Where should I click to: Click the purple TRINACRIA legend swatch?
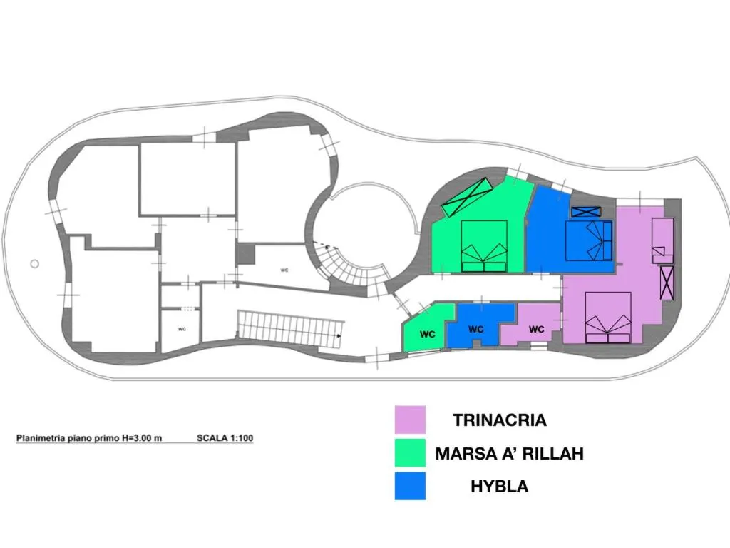click(410, 420)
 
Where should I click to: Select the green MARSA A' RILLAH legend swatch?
click(410, 452)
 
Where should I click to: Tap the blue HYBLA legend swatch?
click(410, 486)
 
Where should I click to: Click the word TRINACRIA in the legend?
click(500, 420)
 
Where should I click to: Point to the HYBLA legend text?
click(500, 487)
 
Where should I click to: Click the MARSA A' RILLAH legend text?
click(509, 453)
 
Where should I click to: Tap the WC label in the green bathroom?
click(428, 334)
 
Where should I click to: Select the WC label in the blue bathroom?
click(475, 329)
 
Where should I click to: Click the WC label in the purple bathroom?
click(536, 329)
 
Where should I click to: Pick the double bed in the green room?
click(484, 246)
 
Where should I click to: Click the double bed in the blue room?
click(588, 241)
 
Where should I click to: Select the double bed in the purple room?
click(608, 318)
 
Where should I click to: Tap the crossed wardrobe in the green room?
click(467, 197)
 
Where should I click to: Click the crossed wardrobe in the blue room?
click(586, 212)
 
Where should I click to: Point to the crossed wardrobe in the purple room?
click(667, 283)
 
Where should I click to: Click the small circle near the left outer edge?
click(34, 264)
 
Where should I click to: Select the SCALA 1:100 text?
click(225, 438)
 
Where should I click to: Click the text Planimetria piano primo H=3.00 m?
click(89, 438)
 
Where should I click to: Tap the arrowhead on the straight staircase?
click(339, 335)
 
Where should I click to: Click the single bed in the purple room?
click(662, 240)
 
